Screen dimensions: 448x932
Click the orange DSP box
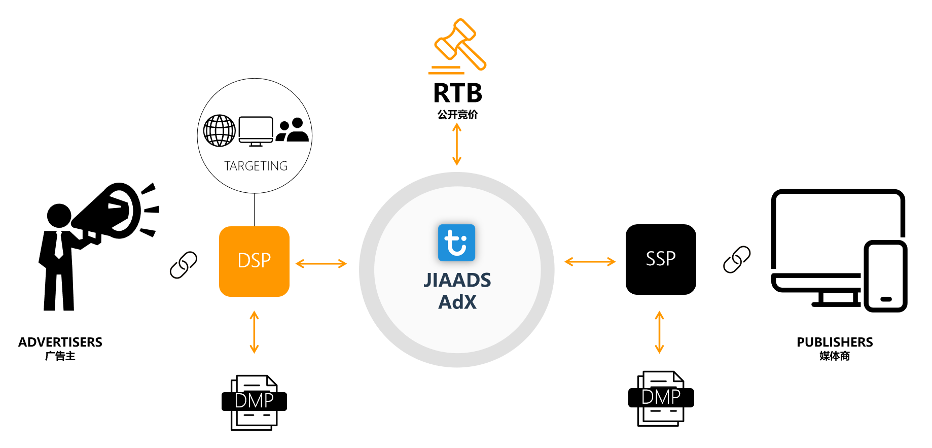[254, 261]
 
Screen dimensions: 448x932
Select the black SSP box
[660, 259]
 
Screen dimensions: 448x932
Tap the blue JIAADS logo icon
[456, 243]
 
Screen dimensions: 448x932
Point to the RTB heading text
[457, 93]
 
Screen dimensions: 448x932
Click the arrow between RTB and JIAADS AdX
[457, 145]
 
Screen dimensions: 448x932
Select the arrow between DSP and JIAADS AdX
[321, 263]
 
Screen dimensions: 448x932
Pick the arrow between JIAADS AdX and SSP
[590, 262]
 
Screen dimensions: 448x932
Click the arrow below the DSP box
[254, 332]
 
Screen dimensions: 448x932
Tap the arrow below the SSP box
[659, 332]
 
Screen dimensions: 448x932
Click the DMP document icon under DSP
[254, 402]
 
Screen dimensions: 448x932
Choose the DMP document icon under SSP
[661, 398]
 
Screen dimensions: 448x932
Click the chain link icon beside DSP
[184, 265]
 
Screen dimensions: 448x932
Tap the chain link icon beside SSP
[736, 260]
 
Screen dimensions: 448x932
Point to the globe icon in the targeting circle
[219, 130]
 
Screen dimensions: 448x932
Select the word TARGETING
[256, 166]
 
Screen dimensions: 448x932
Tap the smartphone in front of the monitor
[885, 276]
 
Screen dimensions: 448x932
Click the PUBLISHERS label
[834, 342]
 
